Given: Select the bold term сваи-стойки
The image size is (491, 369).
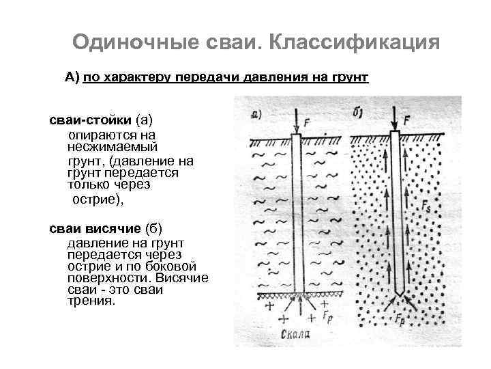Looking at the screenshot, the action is pos(90,120).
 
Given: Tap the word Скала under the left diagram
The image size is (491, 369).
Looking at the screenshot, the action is pos(295,335).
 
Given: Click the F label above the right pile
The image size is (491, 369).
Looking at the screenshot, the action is pos(407,120).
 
